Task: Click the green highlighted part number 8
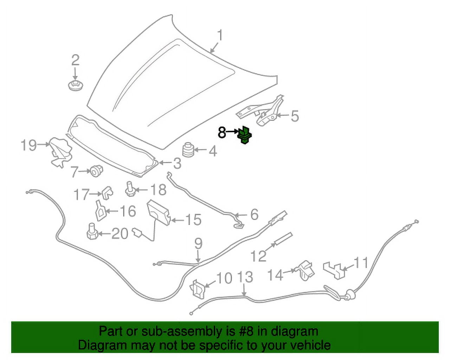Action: point(245,135)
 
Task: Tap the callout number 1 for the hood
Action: point(220,36)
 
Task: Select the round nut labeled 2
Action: point(74,85)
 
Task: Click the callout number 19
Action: point(28,144)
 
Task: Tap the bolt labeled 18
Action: point(130,189)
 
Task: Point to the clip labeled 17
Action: point(107,192)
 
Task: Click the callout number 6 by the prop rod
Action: point(254,214)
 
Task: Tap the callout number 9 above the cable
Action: point(198,243)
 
